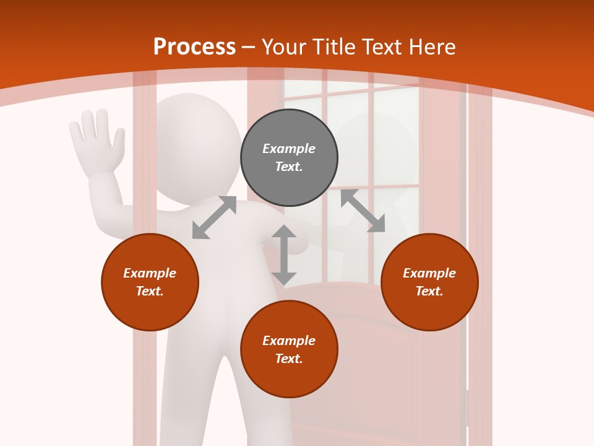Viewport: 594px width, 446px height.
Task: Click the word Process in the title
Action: (194, 47)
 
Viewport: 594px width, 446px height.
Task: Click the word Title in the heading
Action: (335, 47)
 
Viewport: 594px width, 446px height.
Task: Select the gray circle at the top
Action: (289, 158)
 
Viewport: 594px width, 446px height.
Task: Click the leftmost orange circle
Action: (150, 282)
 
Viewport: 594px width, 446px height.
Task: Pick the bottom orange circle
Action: (289, 349)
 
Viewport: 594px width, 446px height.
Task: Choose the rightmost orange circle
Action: (429, 282)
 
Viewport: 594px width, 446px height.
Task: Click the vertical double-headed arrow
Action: (284, 255)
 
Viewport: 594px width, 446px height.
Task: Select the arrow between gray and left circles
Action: (214, 217)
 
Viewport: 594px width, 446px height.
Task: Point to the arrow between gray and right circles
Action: (363, 211)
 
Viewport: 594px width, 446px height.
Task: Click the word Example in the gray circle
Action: (289, 149)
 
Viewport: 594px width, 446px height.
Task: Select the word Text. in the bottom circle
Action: (289, 359)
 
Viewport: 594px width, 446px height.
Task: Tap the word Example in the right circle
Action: (429, 273)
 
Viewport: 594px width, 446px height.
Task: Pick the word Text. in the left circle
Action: (150, 291)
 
